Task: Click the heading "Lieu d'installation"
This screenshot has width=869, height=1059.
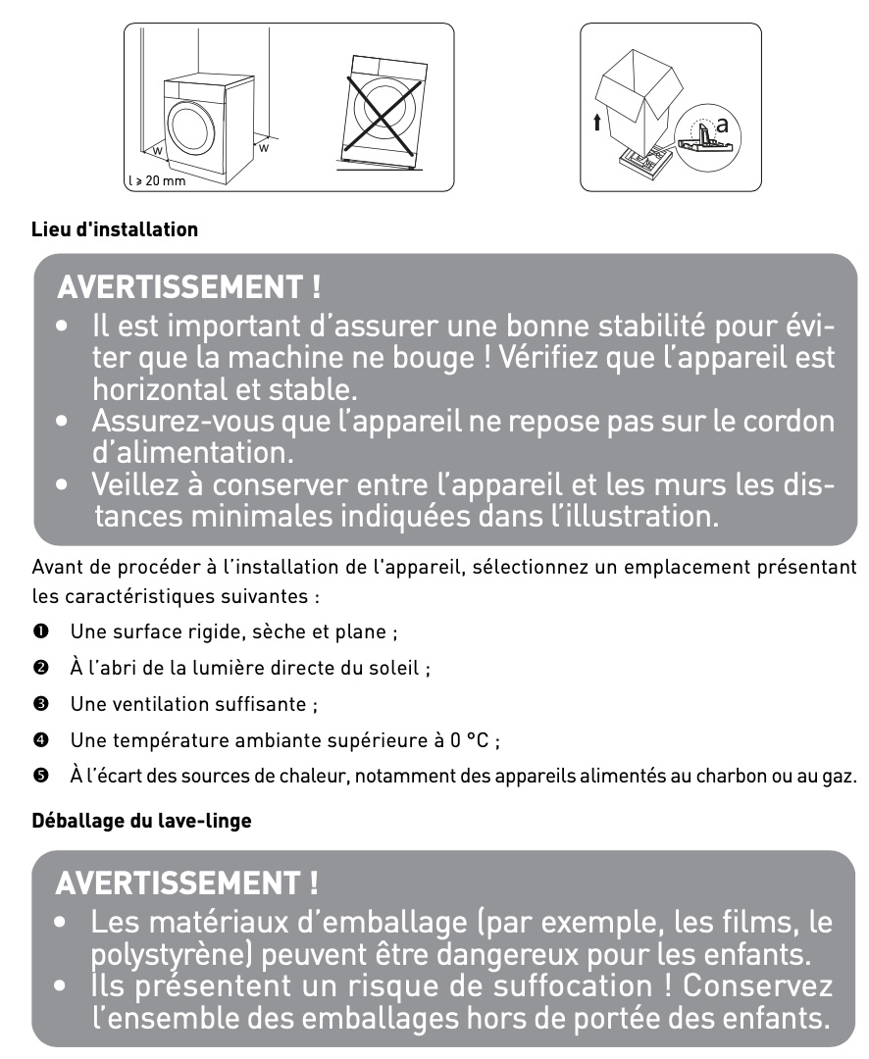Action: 115,230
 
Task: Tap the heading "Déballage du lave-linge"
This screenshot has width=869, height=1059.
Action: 142,821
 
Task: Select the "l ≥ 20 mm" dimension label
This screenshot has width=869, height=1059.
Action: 157,181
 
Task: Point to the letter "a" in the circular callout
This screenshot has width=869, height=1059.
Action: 723,125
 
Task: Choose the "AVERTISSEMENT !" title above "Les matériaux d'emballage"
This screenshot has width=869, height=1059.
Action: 187,883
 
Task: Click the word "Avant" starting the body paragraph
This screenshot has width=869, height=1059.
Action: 55,569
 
